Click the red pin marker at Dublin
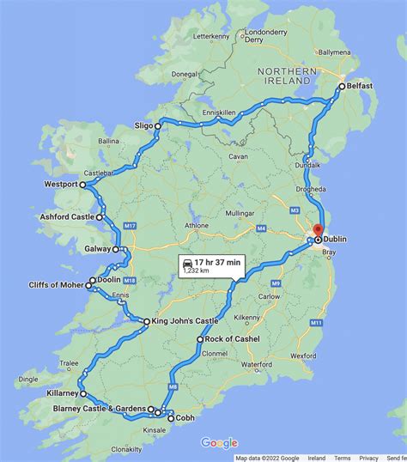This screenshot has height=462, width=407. (317, 230)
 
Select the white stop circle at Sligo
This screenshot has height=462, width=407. (158, 125)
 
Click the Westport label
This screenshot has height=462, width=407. (60, 185)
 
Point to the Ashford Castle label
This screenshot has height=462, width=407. (68, 217)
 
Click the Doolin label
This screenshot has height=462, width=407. (109, 280)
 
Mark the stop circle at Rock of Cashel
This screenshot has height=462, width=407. (199, 339)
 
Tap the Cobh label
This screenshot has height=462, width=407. (186, 418)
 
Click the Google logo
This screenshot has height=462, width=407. (219, 443)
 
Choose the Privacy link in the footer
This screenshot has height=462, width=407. (368, 458)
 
